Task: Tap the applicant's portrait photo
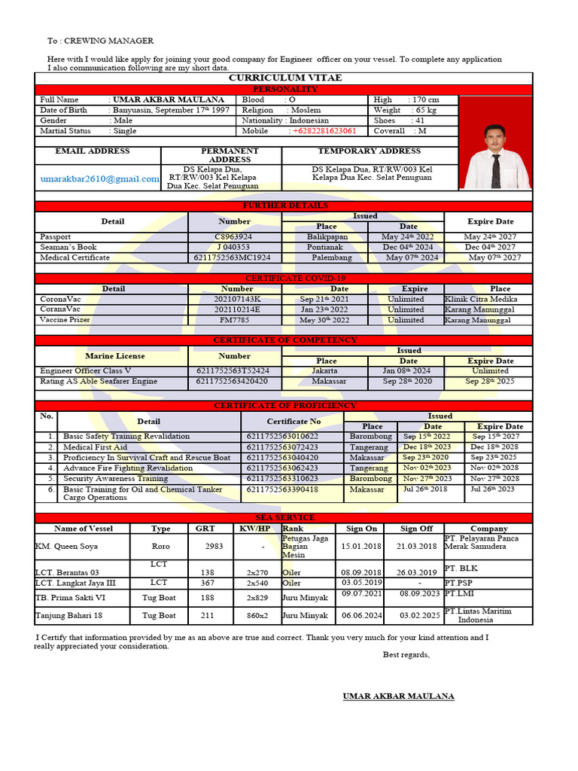pyautogui.click(x=494, y=157)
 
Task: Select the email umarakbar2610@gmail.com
pyautogui.click(x=100, y=178)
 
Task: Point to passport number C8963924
pyautogui.click(x=234, y=236)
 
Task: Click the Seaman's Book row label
pyautogui.click(x=68, y=247)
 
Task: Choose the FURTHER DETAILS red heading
pyautogui.click(x=284, y=206)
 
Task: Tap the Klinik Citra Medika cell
pyautogui.click(x=481, y=299)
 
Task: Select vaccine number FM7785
pyautogui.click(x=234, y=320)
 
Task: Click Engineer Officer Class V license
pyautogui.click(x=85, y=370)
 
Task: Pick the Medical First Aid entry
pyautogui.click(x=95, y=446)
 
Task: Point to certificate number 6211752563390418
pyautogui.click(x=282, y=489)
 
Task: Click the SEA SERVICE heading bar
pyautogui.click(x=284, y=518)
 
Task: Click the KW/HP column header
pyautogui.click(x=254, y=529)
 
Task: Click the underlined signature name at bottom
pyautogui.click(x=398, y=696)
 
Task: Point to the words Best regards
pyautogui.click(x=406, y=654)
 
